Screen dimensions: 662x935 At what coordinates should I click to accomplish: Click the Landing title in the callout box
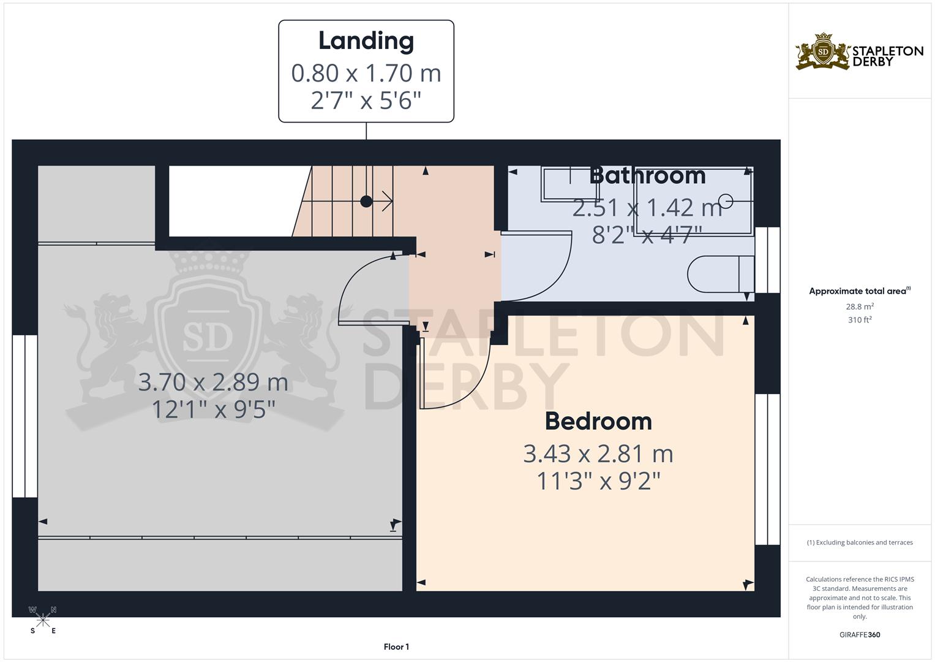pos(366,41)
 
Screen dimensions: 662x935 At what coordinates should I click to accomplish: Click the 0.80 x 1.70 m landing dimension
pos(366,73)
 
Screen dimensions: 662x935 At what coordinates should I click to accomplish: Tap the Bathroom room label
pos(647,175)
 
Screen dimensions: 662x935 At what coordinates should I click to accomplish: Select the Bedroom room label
pos(598,421)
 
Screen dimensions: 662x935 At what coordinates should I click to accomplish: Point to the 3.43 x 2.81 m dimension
pos(598,454)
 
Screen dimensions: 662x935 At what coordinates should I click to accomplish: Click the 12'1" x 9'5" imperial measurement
pos(213,409)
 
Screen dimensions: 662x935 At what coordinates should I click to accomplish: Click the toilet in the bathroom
pos(720,273)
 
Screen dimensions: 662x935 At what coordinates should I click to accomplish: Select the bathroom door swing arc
pos(551,276)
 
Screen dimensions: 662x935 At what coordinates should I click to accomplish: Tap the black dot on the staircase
pos(366,201)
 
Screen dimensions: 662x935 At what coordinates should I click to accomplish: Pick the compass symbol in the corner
pos(43,620)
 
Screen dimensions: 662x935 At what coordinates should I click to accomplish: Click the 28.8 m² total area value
pos(860,306)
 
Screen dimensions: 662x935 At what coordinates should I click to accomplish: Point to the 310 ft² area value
pos(860,320)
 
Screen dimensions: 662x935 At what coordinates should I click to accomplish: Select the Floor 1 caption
pos(396,647)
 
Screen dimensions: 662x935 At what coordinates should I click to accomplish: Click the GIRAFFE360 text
pos(860,634)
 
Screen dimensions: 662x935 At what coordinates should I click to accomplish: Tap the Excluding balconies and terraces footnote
pos(860,542)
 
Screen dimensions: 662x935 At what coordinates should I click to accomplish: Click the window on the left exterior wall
pos(25,416)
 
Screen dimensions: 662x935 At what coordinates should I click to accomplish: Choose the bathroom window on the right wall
pos(767,260)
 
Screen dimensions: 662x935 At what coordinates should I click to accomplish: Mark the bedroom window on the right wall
pos(767,469)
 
